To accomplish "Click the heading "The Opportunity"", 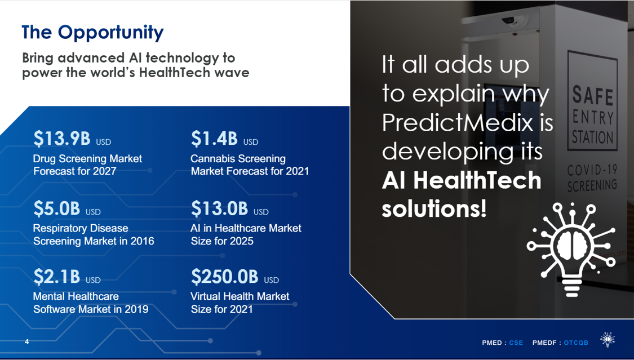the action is (92, 32).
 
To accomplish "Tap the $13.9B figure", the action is (62, 138).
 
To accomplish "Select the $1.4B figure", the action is (214, 138).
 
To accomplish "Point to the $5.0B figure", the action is (56, 208).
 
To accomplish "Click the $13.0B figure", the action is (220, 208).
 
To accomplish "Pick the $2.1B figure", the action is (56, 277).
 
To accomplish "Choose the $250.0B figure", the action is (224, 277).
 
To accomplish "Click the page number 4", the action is (27, 342).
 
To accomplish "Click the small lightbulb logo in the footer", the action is (608, 339).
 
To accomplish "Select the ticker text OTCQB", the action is (576, 343).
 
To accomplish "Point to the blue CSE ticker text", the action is (516, 343).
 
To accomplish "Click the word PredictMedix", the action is (457, 122).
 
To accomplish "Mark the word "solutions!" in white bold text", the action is (434, 209).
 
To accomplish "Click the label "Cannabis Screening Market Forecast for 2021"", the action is (250, 165).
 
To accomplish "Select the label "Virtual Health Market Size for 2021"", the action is (240, 303).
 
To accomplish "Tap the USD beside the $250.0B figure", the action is (271, 280).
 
